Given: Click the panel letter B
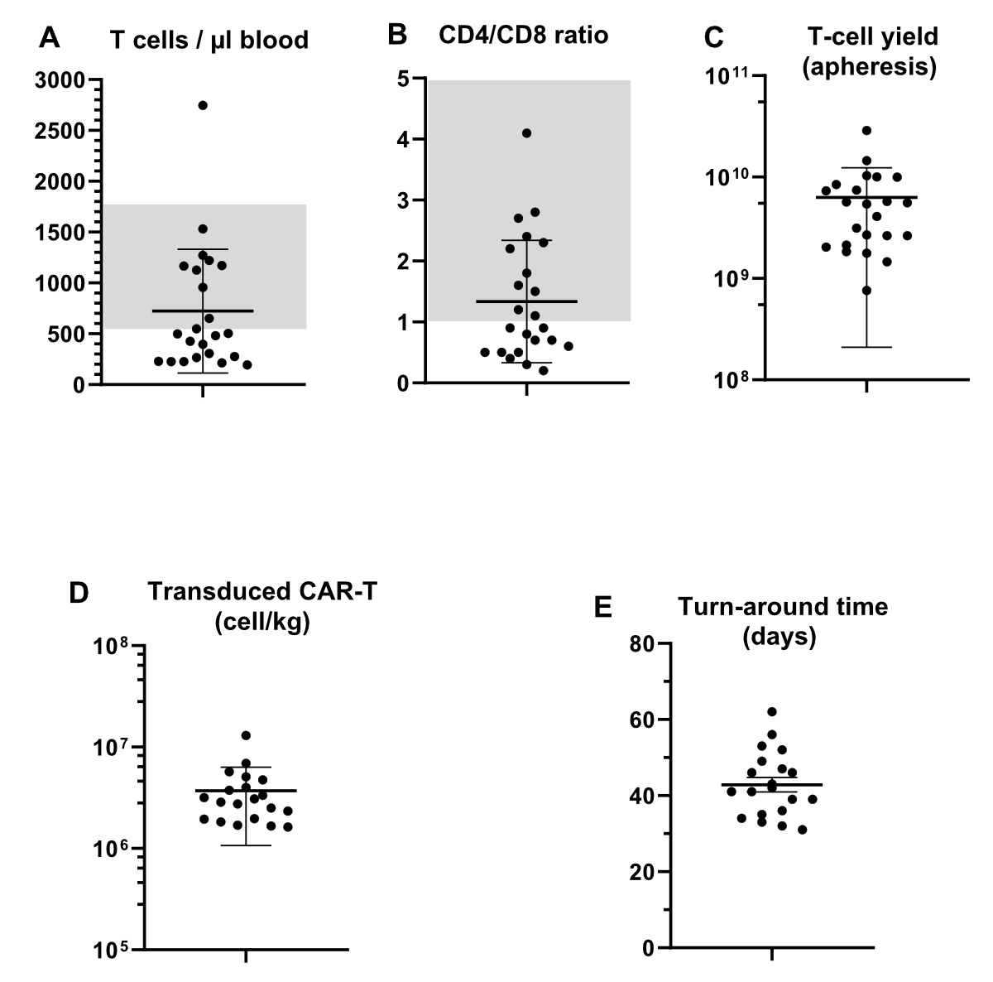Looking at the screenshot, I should point(397,35).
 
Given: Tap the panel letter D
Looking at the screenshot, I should point(79,594).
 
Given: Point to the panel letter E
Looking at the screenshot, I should point(603,607).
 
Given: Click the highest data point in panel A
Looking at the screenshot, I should point(203,105).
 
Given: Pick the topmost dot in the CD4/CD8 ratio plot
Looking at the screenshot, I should point(526,133).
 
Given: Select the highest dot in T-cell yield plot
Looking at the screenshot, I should point(866,131).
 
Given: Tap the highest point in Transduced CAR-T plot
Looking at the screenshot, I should point(246,735).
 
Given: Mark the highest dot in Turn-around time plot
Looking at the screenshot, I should point(772,712).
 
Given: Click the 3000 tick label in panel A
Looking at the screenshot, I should point(60,80).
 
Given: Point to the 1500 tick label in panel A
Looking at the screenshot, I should point(60,233).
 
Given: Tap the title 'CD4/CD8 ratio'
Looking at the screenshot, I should point(523,36).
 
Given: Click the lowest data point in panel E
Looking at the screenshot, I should point(803,830).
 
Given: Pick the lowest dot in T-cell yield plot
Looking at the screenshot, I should point(866,291).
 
